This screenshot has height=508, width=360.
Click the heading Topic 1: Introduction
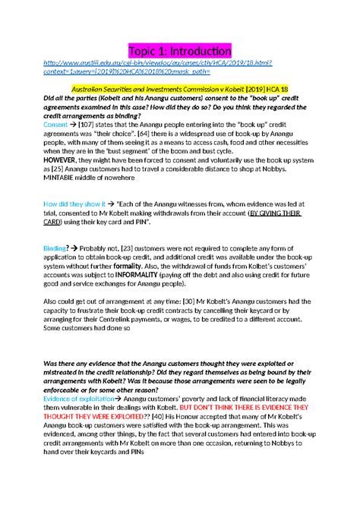[x=179, y=51]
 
